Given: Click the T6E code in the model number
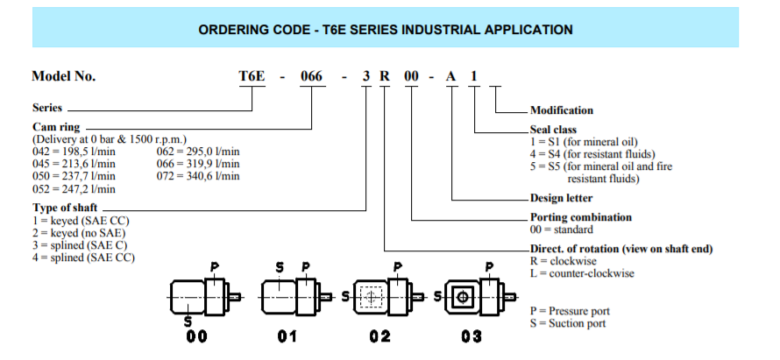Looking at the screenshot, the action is (252, 76).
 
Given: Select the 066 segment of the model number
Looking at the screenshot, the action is (311, 76).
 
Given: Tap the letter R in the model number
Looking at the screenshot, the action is (385, 76).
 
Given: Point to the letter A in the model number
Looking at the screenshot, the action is (450, 76).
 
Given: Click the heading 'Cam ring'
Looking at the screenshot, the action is (56, 127).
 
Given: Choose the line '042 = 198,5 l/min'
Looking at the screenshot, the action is (74, 152).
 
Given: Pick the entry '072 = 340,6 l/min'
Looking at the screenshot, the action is (198, 176).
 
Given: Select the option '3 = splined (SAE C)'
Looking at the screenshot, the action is (80, 245).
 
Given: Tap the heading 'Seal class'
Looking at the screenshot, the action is (553, 131).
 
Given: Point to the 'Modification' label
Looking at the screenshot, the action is (562, 110).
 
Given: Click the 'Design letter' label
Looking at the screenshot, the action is (561, 198).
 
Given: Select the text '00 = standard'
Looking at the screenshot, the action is (562, 229).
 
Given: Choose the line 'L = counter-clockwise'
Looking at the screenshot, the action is (582, 273).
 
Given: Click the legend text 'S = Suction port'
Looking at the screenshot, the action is (568, 324).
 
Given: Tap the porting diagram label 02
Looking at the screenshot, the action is (380, 336).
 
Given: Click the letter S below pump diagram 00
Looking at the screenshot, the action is (188, 321).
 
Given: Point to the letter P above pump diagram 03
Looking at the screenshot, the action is (490, 267).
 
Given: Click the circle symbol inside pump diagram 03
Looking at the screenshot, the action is (463, 297).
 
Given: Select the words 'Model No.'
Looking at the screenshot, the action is (64, 76).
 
